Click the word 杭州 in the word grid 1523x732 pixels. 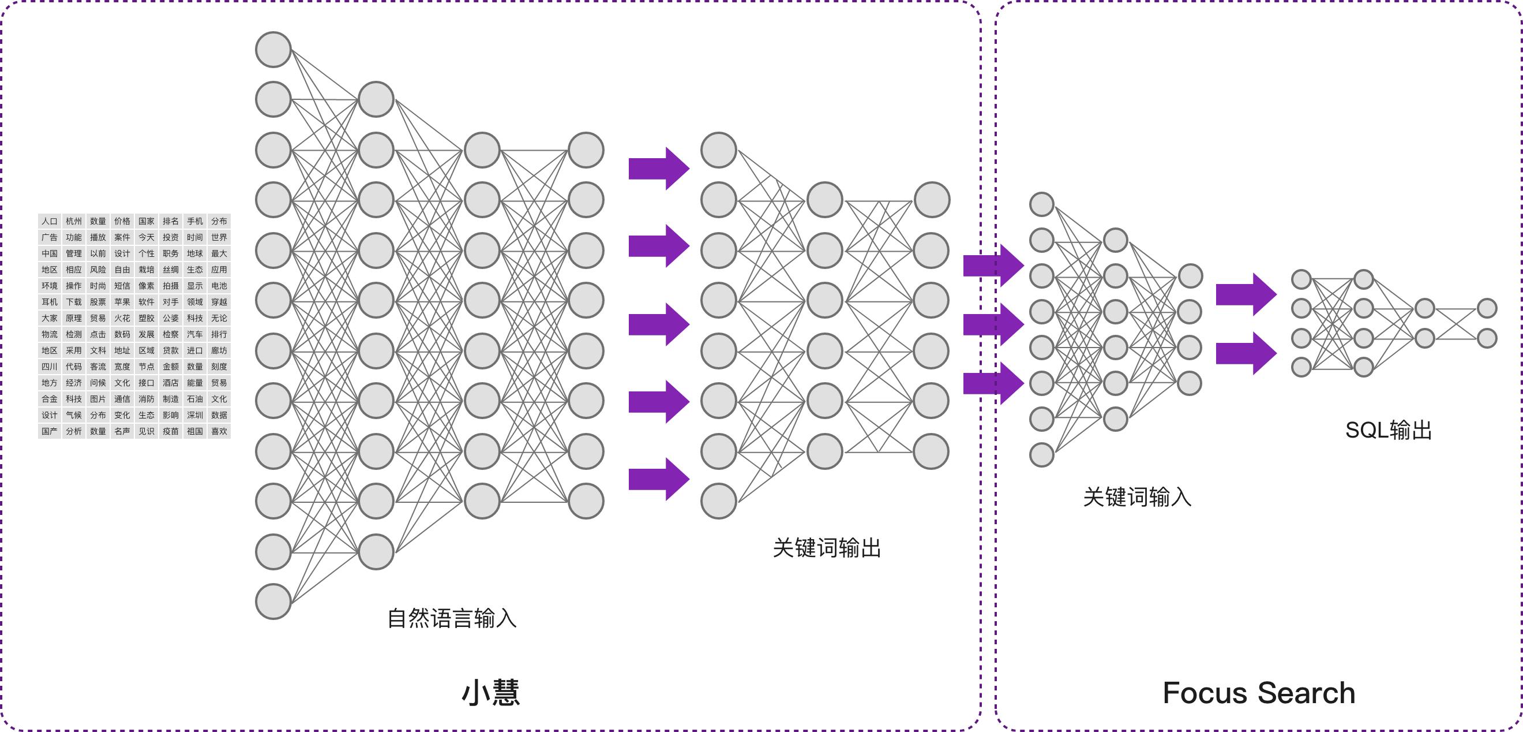click(74, 221)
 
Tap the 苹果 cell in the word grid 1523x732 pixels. click(122, 302)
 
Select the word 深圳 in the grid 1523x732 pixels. click(195, 415)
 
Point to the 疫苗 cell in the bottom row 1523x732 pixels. click(171, 431)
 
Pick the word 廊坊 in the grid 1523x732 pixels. click(219, 350)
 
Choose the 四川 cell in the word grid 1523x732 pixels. click(50, 367)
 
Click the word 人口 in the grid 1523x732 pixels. click(50, 221)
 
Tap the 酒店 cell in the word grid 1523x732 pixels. click(171, 383)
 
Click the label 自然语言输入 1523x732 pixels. click(452, 618)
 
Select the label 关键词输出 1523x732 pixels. click(827, 548)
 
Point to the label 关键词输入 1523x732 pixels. click(1136, 497)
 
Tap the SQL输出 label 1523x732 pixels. click(1388, 430)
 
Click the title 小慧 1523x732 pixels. click(491, 692)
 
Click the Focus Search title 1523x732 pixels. click(1259, 693)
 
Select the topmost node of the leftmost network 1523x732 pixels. click(273, 50)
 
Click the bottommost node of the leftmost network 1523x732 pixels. click(273, 602)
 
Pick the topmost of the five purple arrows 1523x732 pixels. click(658, 169)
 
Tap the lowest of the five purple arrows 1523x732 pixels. click(658, 479)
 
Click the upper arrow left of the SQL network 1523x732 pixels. click(1245, 294)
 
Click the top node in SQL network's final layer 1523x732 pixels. click(1487, 308)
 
